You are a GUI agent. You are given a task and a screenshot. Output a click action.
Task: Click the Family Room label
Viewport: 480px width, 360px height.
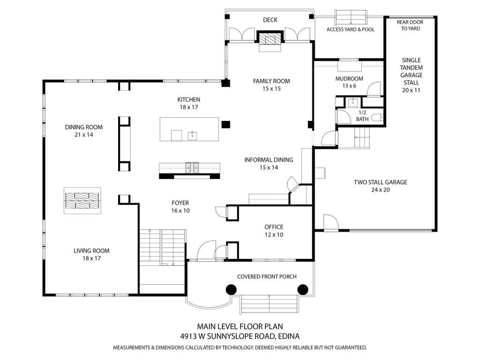tap(271, 85)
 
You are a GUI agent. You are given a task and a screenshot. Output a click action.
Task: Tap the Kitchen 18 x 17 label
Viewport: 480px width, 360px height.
tap(189, 103)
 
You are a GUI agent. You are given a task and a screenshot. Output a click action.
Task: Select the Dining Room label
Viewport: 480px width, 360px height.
tap(83, 131)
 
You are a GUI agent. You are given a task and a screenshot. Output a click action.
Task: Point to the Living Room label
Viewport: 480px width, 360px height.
tap(91, 255)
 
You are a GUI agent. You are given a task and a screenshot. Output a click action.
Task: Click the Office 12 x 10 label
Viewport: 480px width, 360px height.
tap(274, 231)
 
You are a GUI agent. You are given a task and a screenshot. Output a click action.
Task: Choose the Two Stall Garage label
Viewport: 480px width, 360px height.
tap(381, 186)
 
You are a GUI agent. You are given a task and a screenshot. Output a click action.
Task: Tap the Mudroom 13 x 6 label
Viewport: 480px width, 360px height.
tap(349, 82)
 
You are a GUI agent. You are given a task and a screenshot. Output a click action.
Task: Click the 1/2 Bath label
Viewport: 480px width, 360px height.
tap(362, 116)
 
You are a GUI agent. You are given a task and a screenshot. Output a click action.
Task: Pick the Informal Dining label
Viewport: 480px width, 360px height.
tap(269, 164)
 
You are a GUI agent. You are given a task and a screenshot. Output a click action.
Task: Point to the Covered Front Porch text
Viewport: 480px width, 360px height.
tap(267, 277)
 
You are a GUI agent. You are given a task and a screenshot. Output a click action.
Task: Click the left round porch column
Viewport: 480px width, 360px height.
tap(231, 289)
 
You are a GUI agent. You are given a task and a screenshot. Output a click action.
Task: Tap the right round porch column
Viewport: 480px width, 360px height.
tap(303, 289)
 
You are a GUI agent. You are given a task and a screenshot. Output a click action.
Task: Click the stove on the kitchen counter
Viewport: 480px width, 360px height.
tap(192, 167)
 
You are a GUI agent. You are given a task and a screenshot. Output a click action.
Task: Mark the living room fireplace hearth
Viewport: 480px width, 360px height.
tap(82, 201)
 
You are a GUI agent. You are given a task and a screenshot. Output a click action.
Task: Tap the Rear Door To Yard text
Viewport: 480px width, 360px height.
tap(410, 25)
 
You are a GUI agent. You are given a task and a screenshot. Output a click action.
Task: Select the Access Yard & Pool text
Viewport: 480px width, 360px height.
tap(351, 30)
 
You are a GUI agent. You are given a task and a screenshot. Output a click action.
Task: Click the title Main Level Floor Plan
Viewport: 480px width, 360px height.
tap(240, 326)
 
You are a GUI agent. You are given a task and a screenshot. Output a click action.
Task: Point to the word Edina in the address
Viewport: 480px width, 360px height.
tap(289, 336)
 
